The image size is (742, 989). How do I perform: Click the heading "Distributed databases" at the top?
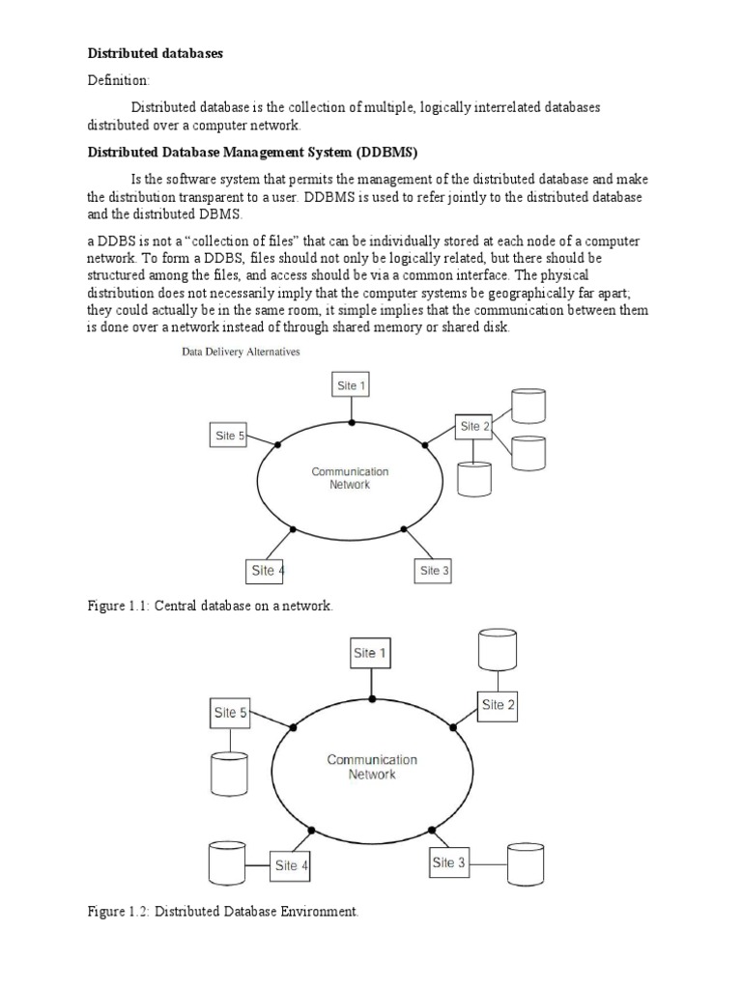pos(156,53)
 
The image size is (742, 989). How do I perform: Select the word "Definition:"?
pos(120,81)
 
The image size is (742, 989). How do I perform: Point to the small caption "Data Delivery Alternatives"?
pos(242,353)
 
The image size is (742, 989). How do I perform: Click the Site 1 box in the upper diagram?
pos(351,385)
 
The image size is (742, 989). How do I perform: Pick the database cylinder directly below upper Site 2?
pos(474,479)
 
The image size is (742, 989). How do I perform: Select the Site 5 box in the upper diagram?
pos(228,436)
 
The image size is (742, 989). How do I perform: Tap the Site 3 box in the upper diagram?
pos(434,571)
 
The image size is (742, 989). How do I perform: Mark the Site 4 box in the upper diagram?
pos(268,571)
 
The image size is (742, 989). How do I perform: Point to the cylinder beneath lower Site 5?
pos(229,772)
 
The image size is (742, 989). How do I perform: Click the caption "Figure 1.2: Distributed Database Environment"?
pos(223,911)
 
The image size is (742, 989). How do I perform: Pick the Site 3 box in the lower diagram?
pos(449,862)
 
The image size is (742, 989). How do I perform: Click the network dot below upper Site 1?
pos(351,423)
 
